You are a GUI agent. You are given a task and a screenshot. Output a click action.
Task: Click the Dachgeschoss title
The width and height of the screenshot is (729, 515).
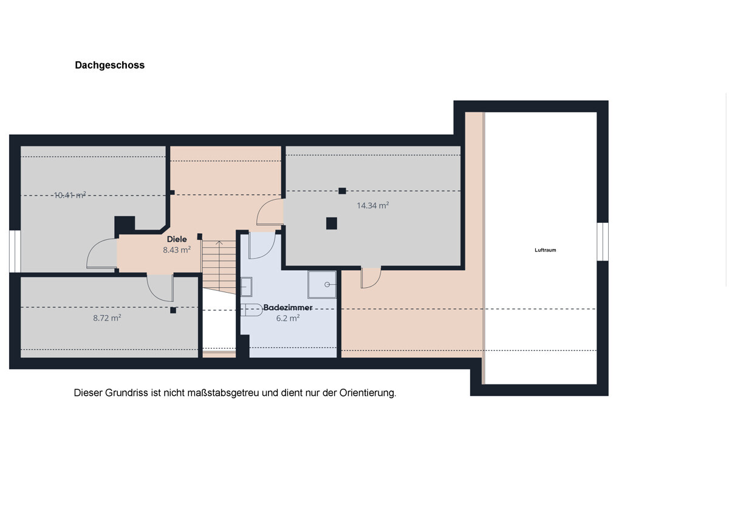coord(110,66)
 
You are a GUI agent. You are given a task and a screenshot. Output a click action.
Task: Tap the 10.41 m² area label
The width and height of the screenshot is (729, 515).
coord(70,195)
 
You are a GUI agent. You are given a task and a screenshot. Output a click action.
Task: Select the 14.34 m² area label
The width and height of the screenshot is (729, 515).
coord(372,206)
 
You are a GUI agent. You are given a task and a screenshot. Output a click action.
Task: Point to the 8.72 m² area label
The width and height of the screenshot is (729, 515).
coord(107,318)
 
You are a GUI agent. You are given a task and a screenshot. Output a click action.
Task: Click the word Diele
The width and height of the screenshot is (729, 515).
coord(177,239)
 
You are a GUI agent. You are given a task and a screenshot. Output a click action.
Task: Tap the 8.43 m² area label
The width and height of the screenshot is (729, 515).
coord(177,250)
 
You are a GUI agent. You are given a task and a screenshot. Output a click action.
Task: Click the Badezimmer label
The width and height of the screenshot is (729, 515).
coord(288,307)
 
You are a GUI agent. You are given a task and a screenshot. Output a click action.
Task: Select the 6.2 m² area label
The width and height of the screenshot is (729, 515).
coord(288,318)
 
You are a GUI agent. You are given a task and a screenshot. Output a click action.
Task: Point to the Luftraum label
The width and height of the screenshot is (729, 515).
coord(545,250)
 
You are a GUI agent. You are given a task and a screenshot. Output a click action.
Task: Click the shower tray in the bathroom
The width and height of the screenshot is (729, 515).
coord(322,284)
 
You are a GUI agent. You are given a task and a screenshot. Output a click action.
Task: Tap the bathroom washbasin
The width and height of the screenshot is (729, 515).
coord(246,287)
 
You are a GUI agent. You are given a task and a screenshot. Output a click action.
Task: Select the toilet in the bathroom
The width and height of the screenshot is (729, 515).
coord(252,310)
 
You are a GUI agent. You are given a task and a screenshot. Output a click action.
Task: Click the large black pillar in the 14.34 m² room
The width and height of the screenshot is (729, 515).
coord(331,223)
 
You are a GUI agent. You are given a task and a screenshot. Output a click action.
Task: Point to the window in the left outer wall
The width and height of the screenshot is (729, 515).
coord(15,251)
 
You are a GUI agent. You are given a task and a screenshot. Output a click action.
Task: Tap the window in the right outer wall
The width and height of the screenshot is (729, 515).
coord(603,241)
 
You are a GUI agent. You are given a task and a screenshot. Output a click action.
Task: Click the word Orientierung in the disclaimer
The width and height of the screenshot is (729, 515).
coord(368,393)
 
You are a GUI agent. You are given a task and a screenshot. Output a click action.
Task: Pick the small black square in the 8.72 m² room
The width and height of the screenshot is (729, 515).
coord(173,310)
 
